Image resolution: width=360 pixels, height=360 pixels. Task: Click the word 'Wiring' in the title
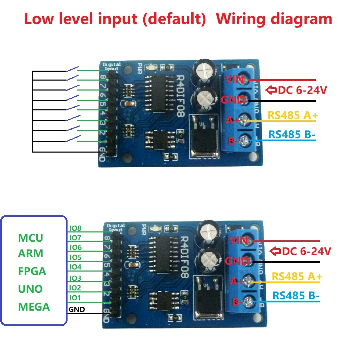245,19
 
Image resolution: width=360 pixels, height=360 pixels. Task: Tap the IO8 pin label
75,228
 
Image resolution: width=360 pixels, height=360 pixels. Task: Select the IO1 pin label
75,298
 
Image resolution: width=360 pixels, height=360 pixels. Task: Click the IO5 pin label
75,257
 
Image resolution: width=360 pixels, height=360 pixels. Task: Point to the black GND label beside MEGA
77,310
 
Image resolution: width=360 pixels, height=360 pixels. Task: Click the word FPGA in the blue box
32,271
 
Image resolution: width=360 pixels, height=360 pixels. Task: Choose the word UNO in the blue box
30,289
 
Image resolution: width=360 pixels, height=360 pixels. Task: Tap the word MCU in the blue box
31,238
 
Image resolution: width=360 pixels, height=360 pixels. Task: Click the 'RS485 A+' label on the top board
292,116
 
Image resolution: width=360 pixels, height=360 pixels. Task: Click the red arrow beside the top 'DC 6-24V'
271,91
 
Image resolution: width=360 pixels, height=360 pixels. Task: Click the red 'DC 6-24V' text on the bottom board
306,251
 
